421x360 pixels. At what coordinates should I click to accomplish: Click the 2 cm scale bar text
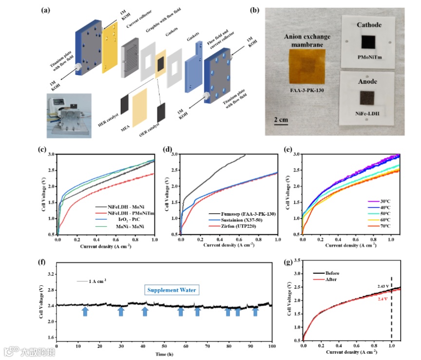click(280, 120)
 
